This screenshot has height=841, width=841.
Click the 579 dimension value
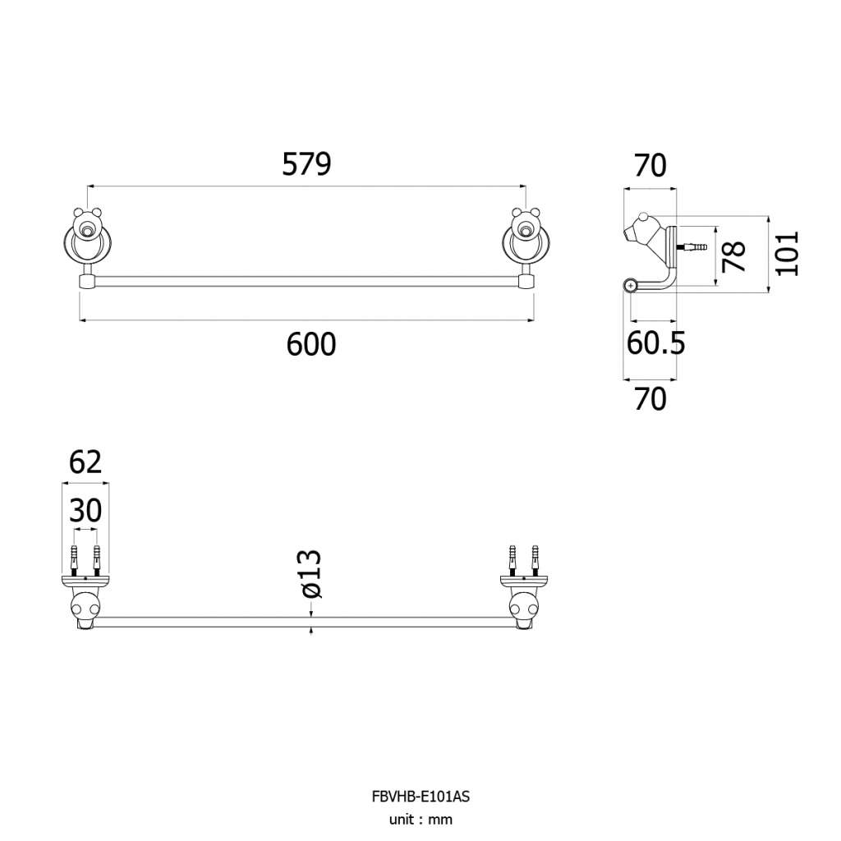(307, 164)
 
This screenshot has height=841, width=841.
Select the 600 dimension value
(311, 344)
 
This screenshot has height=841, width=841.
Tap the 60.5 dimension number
(656, 343)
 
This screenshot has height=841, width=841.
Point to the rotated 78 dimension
(734, 256)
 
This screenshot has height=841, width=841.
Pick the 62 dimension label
(85, 462)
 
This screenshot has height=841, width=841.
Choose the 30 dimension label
(85, 511)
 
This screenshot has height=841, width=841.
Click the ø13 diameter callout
(311, 574)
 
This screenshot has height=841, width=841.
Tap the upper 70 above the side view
(650, 165)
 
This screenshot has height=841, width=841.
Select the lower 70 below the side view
(650, 400)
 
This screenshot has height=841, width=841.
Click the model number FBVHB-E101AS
(420, 797)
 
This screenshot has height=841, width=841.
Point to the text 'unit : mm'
(420, 820)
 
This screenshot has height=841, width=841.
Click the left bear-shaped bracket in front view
(87, 239)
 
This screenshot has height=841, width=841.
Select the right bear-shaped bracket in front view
(526, 239)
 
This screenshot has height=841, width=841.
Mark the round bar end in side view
(630, 285)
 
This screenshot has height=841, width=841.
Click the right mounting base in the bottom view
(523, 581)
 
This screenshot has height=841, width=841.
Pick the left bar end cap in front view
(87, 282)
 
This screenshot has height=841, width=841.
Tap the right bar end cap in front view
(526, 282)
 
